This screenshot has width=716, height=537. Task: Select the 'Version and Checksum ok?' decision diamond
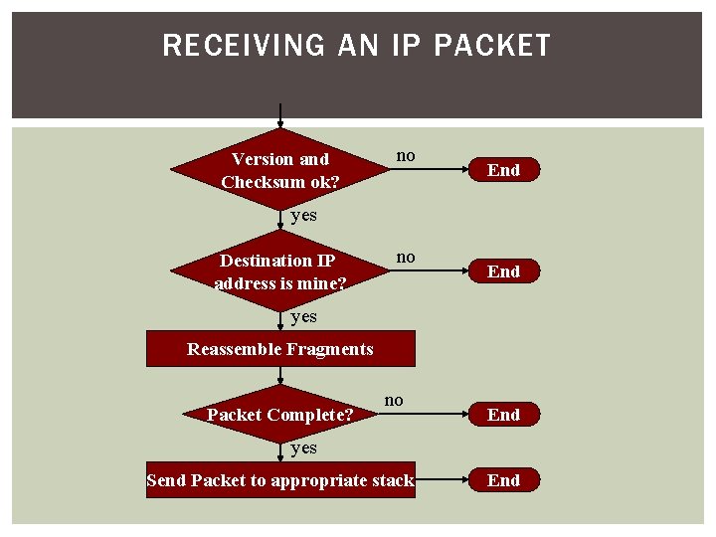coord(280,170)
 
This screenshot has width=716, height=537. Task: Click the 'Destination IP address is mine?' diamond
coord(280,271)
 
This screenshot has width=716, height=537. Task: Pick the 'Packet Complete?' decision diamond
coord(280,414)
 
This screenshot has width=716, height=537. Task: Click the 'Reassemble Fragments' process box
coord(280,349)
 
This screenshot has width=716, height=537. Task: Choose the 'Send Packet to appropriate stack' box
coord(280,480)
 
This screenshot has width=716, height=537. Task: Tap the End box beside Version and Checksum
coord(503,170)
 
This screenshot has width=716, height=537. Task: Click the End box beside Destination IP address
coord(503,271)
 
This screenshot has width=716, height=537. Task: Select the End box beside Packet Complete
coord(503,414)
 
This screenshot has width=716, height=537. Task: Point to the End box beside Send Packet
coord(503,480)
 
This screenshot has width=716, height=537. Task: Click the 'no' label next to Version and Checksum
coord(406,155)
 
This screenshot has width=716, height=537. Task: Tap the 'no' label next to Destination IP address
coord(406,257)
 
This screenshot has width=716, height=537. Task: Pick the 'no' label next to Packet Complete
coord(394,400)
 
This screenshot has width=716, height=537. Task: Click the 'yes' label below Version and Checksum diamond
coord(304,215)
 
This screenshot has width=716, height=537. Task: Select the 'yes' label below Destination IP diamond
coord(304,316)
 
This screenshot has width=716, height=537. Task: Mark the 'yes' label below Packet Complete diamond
coord(304,447)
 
